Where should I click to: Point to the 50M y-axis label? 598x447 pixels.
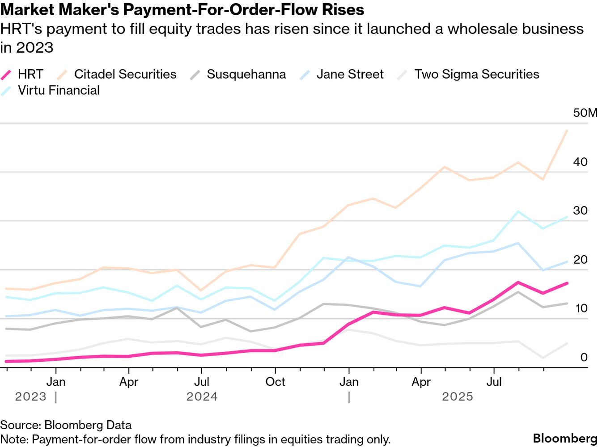click(585, 113)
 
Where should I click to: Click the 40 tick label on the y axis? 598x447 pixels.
click(580, 162)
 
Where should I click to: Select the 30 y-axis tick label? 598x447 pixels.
click(580, 211)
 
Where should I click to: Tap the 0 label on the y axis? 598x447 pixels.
click(584, 357)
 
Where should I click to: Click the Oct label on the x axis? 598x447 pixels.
click(275, 382)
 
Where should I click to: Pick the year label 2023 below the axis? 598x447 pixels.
click(30, 396)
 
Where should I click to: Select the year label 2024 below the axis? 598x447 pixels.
click(202, 396)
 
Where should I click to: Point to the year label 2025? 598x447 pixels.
click(458, 396)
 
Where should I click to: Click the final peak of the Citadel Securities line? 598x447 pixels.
click(567, 131)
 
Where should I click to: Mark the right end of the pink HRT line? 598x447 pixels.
click(567, 283)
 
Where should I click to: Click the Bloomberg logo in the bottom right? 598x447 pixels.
click(565, 438)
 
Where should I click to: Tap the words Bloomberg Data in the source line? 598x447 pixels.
click(88, 425)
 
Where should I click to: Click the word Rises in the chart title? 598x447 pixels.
click(344, 9)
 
